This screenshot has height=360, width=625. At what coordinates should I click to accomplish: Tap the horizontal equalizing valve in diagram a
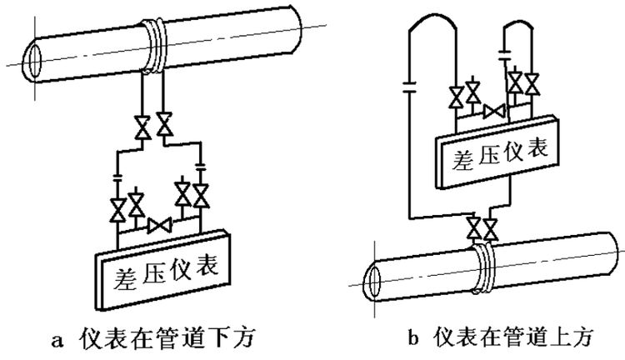[x=158, y=224]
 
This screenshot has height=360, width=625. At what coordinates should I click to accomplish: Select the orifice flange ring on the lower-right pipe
[x=482, y=269]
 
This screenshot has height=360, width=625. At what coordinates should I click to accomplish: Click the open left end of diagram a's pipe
[x=32, y=61]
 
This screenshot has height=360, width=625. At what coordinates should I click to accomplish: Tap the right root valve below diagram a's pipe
[x=166, y=127]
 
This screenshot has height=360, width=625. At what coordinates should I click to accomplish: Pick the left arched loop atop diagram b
[x=432, y=33]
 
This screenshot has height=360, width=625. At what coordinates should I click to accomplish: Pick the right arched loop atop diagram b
[x=519, y=33]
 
